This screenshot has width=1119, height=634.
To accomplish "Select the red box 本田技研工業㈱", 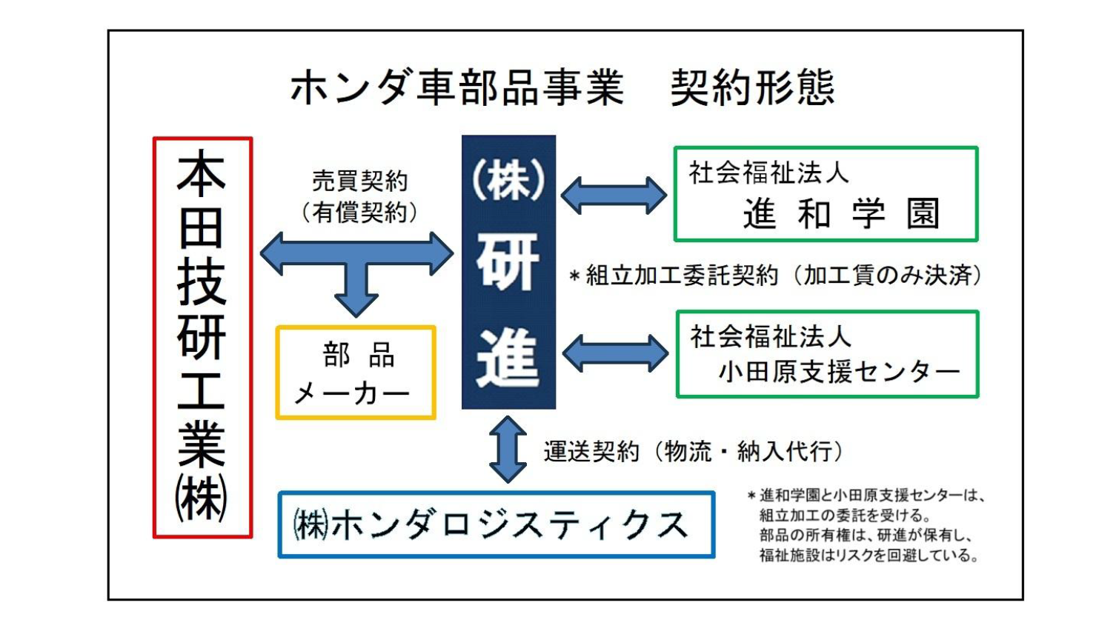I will click(x=202, y=337).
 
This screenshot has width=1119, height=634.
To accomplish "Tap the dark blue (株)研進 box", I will click(x=508, y=272).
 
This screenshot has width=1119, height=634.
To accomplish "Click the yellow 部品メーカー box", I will click(x=356, y=373).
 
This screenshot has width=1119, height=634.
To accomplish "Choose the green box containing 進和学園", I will click(x=826, y=194).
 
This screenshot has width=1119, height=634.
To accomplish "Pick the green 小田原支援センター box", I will click(x=827, y=354).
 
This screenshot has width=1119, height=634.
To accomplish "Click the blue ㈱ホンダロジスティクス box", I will click(x=496, y=524).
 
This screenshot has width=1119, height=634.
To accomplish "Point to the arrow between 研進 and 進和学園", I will click(x=614, y=195).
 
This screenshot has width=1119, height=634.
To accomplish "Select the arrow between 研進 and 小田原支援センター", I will click(x=615, y=353).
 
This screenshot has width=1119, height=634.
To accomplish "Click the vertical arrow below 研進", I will click(x=508, y=450).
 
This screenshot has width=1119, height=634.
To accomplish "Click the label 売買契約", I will click(x=359, y=180).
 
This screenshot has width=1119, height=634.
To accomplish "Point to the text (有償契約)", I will click(x=359, y=213).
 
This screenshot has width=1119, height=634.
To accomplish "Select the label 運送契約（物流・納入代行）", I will click(x=694, y=451).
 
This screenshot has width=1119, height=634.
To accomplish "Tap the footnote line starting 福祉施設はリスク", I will click(x=869, y=555).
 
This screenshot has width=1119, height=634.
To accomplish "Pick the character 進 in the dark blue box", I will click(x=508, y=358).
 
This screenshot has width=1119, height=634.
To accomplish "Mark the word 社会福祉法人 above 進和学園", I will click(x=768, y=173).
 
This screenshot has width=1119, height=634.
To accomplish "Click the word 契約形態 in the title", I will click(x=753, y=87).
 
